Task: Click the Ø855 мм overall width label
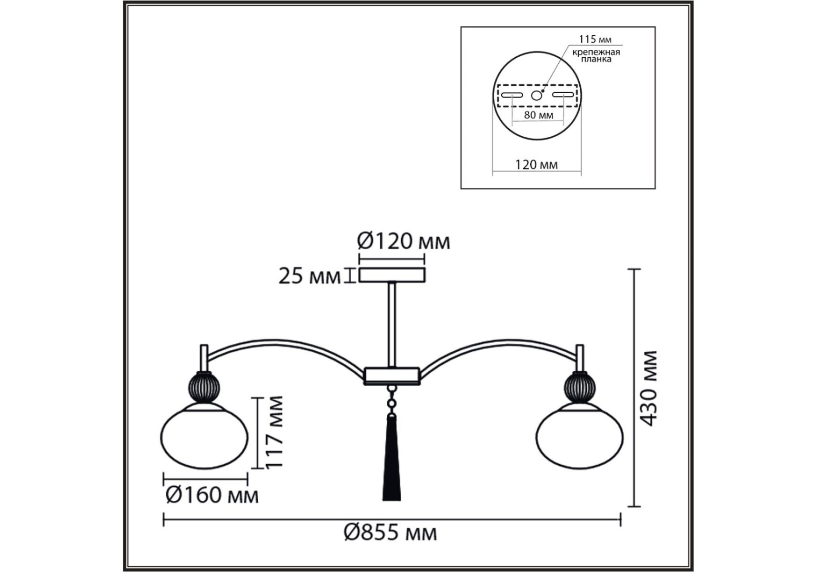coord(390,532)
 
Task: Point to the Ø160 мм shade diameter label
coord(212,496)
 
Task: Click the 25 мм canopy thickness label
coord(310,276)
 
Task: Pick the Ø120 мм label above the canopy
coord(403,242)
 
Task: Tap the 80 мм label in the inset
coord(538,115)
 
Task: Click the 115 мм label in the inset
coord(595,39)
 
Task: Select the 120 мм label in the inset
coord(536,164)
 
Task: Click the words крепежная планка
coord(596,55)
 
